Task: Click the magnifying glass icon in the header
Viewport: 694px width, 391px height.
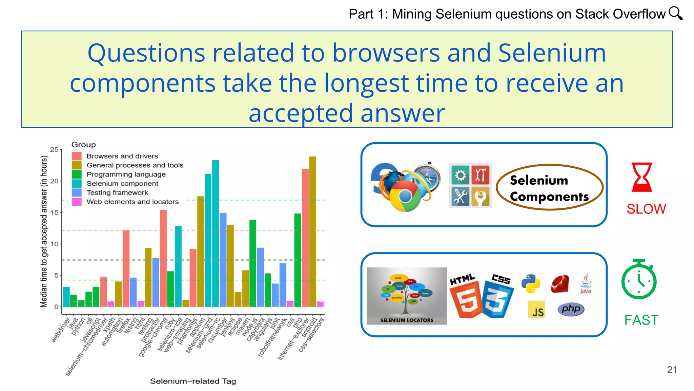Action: (675, 14)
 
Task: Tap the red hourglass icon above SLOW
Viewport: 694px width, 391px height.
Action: (641, 177)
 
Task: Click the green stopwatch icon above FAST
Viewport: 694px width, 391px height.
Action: (639, 280)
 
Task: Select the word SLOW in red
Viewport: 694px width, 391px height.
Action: (646, 209)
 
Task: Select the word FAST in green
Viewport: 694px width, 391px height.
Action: (641, 320)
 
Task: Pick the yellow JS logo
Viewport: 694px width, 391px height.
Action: (536, 310)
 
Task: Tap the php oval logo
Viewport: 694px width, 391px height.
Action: (571, 309)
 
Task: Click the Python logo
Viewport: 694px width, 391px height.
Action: (530, 283)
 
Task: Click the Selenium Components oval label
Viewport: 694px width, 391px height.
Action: (549, 188)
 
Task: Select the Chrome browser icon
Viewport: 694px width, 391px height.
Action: (405, 196)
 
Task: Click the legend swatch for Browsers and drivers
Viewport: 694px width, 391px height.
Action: (77, 156)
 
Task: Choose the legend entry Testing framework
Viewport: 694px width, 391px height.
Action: (117, 192)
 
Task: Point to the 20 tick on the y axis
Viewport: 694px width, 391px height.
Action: (54, 181)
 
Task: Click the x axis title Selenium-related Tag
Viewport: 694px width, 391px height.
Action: (193, 381)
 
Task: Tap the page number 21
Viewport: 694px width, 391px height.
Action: (672, 370)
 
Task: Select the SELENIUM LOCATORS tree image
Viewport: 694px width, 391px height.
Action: (406, 296)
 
